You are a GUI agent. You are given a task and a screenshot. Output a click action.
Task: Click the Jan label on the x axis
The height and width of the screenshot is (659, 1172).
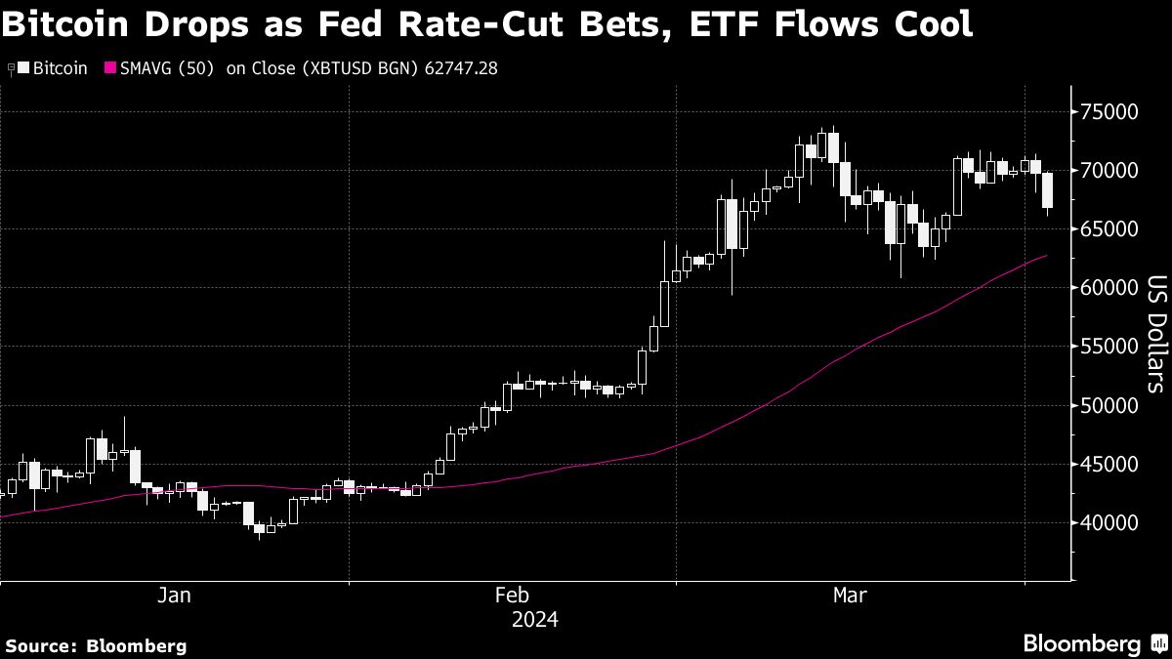click(174, 596)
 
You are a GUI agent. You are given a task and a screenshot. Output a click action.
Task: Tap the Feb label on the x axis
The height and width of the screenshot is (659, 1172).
click(512, 596)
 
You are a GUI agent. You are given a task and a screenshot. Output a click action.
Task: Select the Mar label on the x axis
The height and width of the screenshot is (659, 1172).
click(850, 596)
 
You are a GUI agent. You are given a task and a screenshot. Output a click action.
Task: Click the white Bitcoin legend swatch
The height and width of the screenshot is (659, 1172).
click(23, 68)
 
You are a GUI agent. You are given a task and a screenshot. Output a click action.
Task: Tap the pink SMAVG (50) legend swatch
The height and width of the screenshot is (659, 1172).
click(109, 68)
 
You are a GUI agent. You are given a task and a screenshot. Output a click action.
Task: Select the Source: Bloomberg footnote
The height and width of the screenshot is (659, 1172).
click(96, 645)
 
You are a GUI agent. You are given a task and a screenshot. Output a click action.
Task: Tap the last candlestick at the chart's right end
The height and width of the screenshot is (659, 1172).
click(1048, 191)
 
